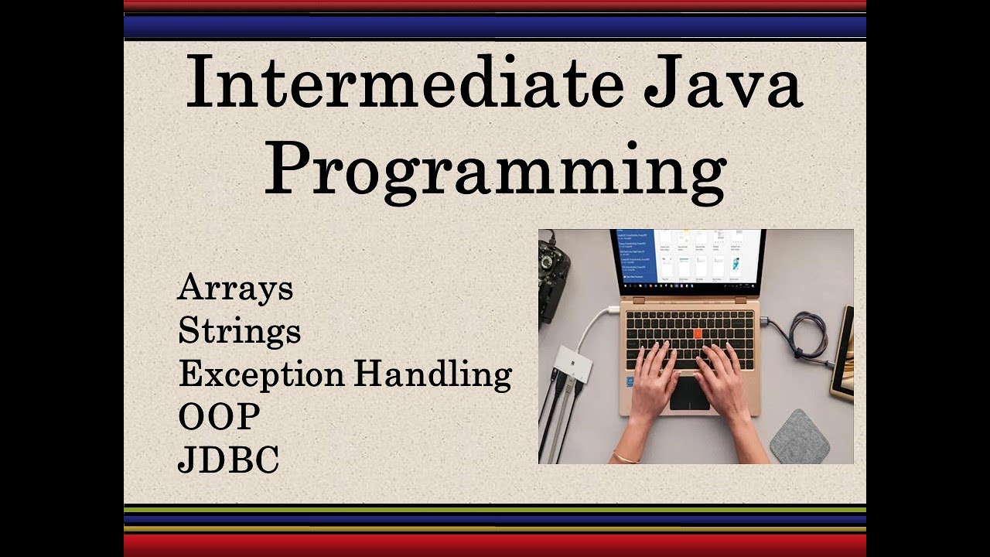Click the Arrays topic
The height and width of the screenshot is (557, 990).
click(x=235, y=289)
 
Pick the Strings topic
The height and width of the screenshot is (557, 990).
click(x=239, y=331)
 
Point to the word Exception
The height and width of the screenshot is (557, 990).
click(x=261, y=375)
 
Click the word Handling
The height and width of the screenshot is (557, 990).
click(x=433, y=375)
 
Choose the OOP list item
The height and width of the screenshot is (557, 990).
click(x=219, y=417)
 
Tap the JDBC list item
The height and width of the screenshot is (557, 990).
click(x=228, y=460)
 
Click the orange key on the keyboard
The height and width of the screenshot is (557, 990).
click(x=698, y=333)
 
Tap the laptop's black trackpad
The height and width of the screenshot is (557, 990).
click(x=689, y=394)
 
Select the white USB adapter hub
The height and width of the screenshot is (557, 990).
click(x=572, y=364)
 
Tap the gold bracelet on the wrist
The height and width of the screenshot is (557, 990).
click(x=625, y=456)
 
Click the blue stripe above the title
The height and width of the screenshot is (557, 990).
click(x=495, y=27)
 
